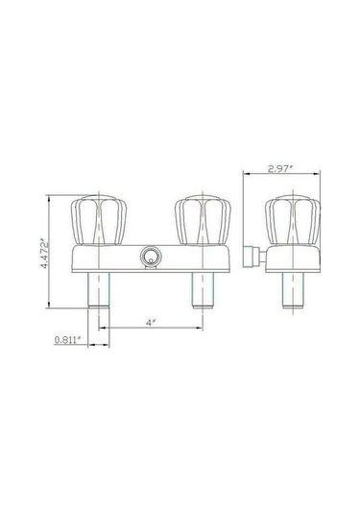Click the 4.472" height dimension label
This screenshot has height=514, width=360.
pyautogui.click(x=44, y=256)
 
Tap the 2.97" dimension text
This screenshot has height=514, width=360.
pyautogui.click(x=279, y=169)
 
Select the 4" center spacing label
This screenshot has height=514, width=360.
pyautogui.click(x=151, y=323)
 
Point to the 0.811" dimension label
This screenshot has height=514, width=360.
pyautogui.click(x=67, y=340)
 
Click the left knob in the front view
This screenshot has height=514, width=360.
pyautogui.click(x=99, y=220)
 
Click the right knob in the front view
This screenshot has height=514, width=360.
pyautogui.click(x=203, y=220)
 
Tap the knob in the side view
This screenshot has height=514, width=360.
pyautogui.click(x=293, y=221)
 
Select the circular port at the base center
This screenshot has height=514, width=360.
pyautogui.click(x=151, y=257)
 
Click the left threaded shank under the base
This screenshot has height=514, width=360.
pyautogui.click(x=99, y=290)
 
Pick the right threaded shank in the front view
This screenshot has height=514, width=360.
pyautogui.click(x=203, y=290)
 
